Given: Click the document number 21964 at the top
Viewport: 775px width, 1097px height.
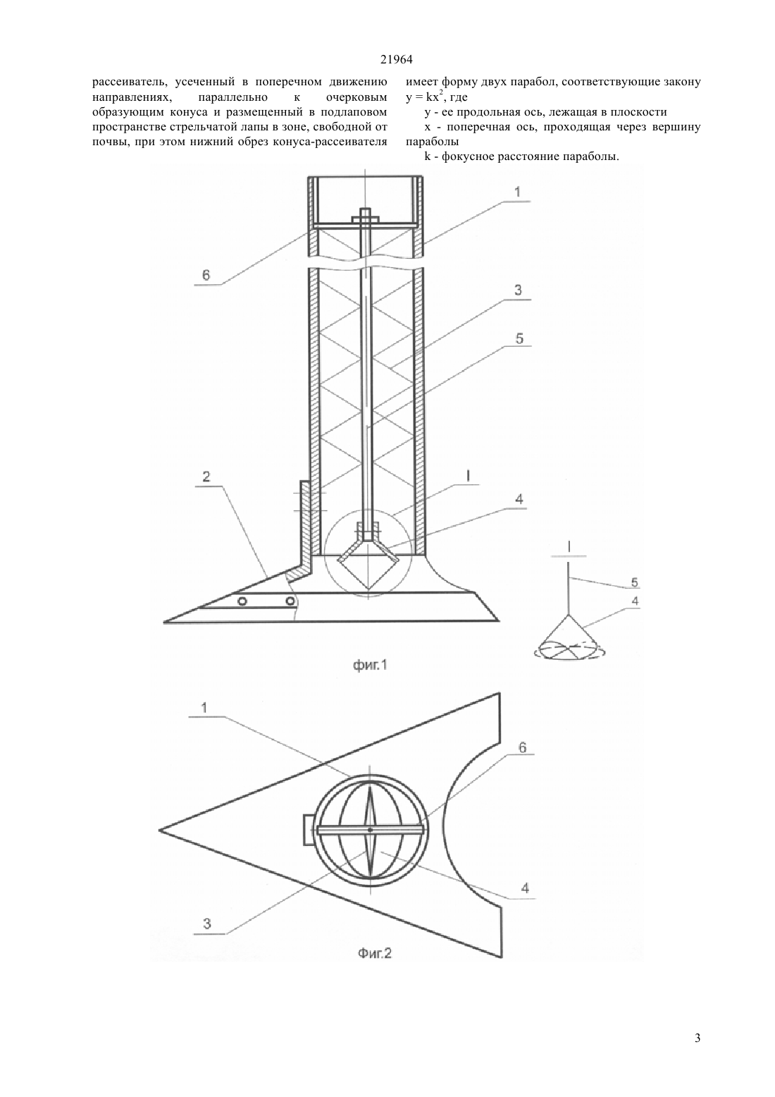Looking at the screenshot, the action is tap(396, 60).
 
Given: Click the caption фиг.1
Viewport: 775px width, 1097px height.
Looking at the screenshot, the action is tap(370, 665).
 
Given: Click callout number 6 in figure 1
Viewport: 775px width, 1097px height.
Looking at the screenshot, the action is tap(206, 275).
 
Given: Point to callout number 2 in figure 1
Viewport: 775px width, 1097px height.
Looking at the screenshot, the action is tap(206, 477).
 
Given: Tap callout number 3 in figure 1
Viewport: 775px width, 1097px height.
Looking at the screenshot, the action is tap(519, 290).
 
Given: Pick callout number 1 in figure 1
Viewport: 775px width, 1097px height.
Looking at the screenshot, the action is tap(518, 192).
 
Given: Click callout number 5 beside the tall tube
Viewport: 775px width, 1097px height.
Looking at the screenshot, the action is tap(519, 338).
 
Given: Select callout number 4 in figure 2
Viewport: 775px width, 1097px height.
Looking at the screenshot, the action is tap(525, 888).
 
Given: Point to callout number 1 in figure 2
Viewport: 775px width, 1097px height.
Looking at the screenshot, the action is tap(204, 708).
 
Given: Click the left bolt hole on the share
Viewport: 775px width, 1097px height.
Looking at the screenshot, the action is tap(242, 601).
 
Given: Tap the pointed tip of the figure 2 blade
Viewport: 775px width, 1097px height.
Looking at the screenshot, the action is tap(159, 830).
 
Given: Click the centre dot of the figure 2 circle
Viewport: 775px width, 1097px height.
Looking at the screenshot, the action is tap(370, 830).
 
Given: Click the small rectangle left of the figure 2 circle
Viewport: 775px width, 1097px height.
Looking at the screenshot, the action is tap(309, 830).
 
